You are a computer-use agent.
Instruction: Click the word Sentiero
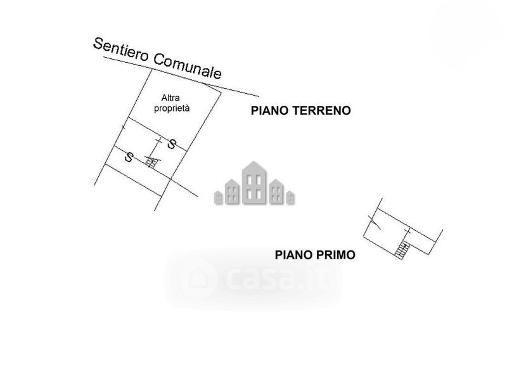tap(120, 51)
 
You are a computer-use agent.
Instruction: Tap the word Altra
tap(172, 98)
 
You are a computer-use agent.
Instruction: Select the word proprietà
tap(172, 108)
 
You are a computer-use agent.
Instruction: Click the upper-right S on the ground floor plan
tap(171, 144)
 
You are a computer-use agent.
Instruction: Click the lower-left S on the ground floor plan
tap(129, 157)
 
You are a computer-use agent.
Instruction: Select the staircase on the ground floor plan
tap(151, 163)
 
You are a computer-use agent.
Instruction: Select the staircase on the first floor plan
tap(401, 250)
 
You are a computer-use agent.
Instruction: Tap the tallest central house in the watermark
tap(253, 184)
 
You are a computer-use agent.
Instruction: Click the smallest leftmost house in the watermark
tap(218, 197)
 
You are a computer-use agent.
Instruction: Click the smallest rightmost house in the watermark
tap(290, 197)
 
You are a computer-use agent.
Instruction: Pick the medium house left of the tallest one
tap(232, 192)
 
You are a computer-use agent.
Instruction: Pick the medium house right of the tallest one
tap(276, 192)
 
